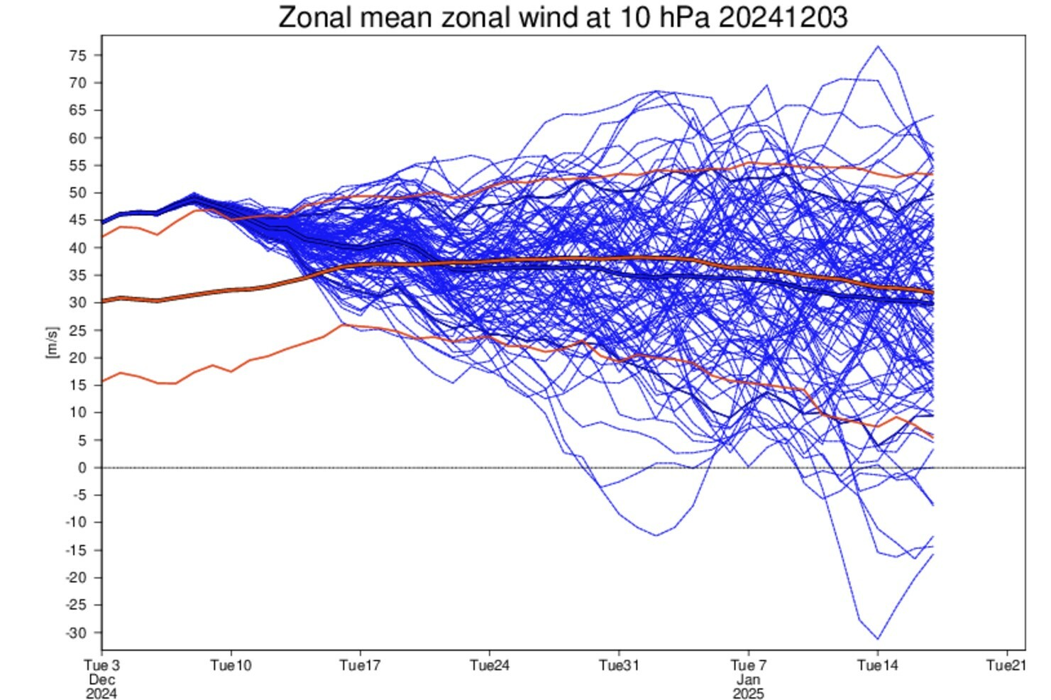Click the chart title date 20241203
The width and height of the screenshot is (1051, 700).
point(783,17)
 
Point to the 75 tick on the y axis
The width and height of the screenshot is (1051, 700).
point(78,55)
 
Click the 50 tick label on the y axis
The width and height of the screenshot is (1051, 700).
point(78,193)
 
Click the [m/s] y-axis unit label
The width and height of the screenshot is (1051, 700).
point(52,343)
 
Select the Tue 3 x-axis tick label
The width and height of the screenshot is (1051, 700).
point(101,665)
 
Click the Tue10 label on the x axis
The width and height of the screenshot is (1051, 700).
point(231,665)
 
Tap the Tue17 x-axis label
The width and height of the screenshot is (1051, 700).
point(360,665)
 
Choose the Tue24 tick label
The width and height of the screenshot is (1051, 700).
point(490,665)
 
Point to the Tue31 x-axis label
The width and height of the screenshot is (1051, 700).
point(619,665)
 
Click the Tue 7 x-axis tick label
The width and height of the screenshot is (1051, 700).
point(748,665)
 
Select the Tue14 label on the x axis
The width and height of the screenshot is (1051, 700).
point(878,665)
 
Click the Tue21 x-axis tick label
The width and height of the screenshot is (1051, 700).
point(1007,665)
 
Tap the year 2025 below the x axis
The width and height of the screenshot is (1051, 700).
point(748,693)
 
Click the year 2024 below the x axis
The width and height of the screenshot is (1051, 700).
point(101,693)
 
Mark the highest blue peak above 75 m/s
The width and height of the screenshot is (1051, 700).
point(878,47)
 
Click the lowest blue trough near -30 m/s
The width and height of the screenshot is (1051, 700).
point(878,638)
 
